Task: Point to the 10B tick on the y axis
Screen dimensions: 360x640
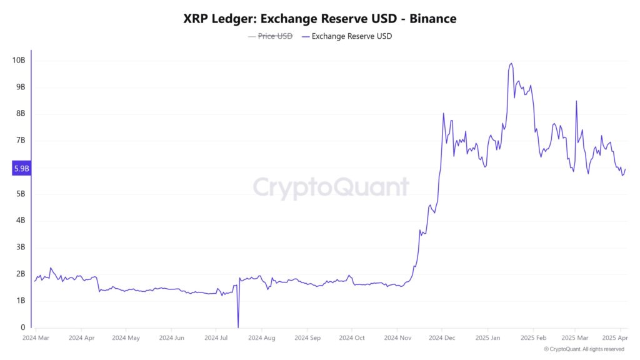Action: (x=19, y=61)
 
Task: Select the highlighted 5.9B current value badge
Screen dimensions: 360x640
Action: (x=21, y=168)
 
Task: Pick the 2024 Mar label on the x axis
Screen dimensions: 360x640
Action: (x=36, y=337)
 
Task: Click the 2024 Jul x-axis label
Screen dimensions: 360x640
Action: (x=216, y=337)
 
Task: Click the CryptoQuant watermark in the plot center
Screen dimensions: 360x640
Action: (x=331, y=187)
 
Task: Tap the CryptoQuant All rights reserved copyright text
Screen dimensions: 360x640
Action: (x=584, y=349)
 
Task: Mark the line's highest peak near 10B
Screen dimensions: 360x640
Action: (x=511, y=63)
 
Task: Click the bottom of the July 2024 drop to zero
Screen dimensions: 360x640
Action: (x=238, y=326)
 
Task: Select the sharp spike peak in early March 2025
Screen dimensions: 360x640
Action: (x=576, y=101)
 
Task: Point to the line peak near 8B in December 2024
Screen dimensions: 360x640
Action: (x=443, y=113)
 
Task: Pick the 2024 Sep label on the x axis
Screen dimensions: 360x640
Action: (x=306, y=337)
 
